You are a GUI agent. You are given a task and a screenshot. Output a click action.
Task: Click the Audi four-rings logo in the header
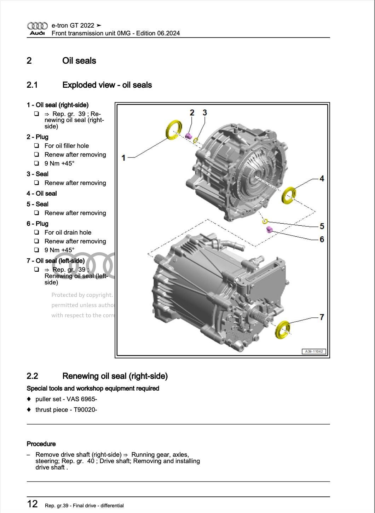(37, 26)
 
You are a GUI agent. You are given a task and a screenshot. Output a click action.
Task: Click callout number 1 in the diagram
(123, 157)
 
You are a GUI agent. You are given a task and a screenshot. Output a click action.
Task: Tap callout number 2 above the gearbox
(192, 113)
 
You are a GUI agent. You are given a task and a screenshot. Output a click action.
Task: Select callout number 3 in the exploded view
(204, 113)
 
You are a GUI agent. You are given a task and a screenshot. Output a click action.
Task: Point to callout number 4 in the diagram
(322, 178)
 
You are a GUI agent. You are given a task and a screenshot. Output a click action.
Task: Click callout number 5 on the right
(322, 226)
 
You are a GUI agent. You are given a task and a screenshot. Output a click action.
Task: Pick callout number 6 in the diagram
(322, 239)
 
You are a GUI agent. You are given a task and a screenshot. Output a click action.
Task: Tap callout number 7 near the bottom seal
(322, 317)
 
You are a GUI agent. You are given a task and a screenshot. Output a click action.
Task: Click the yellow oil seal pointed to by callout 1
(173, 130)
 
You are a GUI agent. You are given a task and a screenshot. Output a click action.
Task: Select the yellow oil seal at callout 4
(289, 195)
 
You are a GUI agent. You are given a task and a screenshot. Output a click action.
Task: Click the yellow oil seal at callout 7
(282, 330)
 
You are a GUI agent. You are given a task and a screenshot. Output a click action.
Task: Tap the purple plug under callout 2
(189, 136)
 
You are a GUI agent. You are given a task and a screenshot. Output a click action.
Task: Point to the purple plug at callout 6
(269, 230)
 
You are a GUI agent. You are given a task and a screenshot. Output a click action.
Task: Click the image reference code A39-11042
(314, 351)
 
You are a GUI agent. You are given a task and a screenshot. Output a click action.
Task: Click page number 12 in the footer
(32, 504)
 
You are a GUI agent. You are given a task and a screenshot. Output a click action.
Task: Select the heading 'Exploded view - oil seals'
(107, 85)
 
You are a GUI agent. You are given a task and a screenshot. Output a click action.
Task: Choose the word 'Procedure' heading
(41, 444)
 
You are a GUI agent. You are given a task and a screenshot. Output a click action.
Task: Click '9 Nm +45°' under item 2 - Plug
(59, 163)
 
